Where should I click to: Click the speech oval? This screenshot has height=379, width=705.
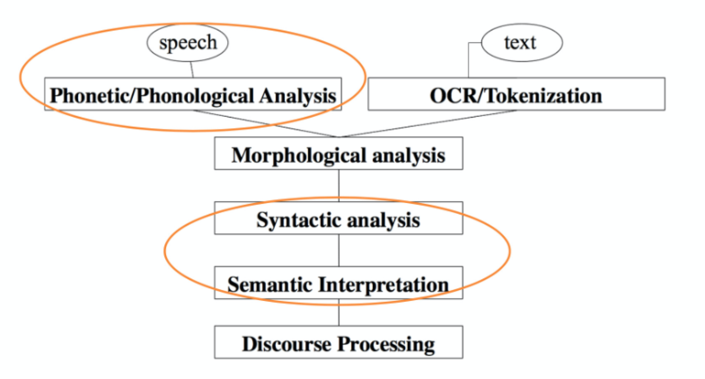pos(188,43)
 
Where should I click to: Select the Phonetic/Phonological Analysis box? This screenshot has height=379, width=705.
pos(193,95)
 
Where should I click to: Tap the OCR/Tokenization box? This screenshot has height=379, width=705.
pos(516,95)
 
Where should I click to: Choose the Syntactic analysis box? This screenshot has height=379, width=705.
pos(338,219)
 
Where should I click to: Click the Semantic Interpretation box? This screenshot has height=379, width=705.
pos(338,283)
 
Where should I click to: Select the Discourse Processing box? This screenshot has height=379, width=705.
pos(338,343)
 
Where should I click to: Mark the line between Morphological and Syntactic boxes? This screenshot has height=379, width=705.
pos(339,185)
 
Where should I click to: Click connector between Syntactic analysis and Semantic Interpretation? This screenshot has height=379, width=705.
pos(339,250)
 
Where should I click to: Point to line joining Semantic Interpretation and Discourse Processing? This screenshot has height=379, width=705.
pos(339,313)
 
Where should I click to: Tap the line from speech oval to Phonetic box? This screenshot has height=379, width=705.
pos(192,70)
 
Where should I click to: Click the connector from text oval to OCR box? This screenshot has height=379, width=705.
pos(468,61)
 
